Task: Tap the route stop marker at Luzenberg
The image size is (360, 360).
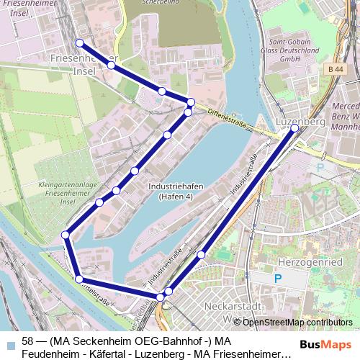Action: pos(294,128)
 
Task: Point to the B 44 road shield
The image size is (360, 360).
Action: pos(333,68)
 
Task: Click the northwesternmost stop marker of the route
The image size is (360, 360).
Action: pos(79,43)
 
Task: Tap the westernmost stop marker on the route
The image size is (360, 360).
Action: pos(66,235)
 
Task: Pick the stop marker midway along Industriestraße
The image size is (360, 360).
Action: pos(202,254)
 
